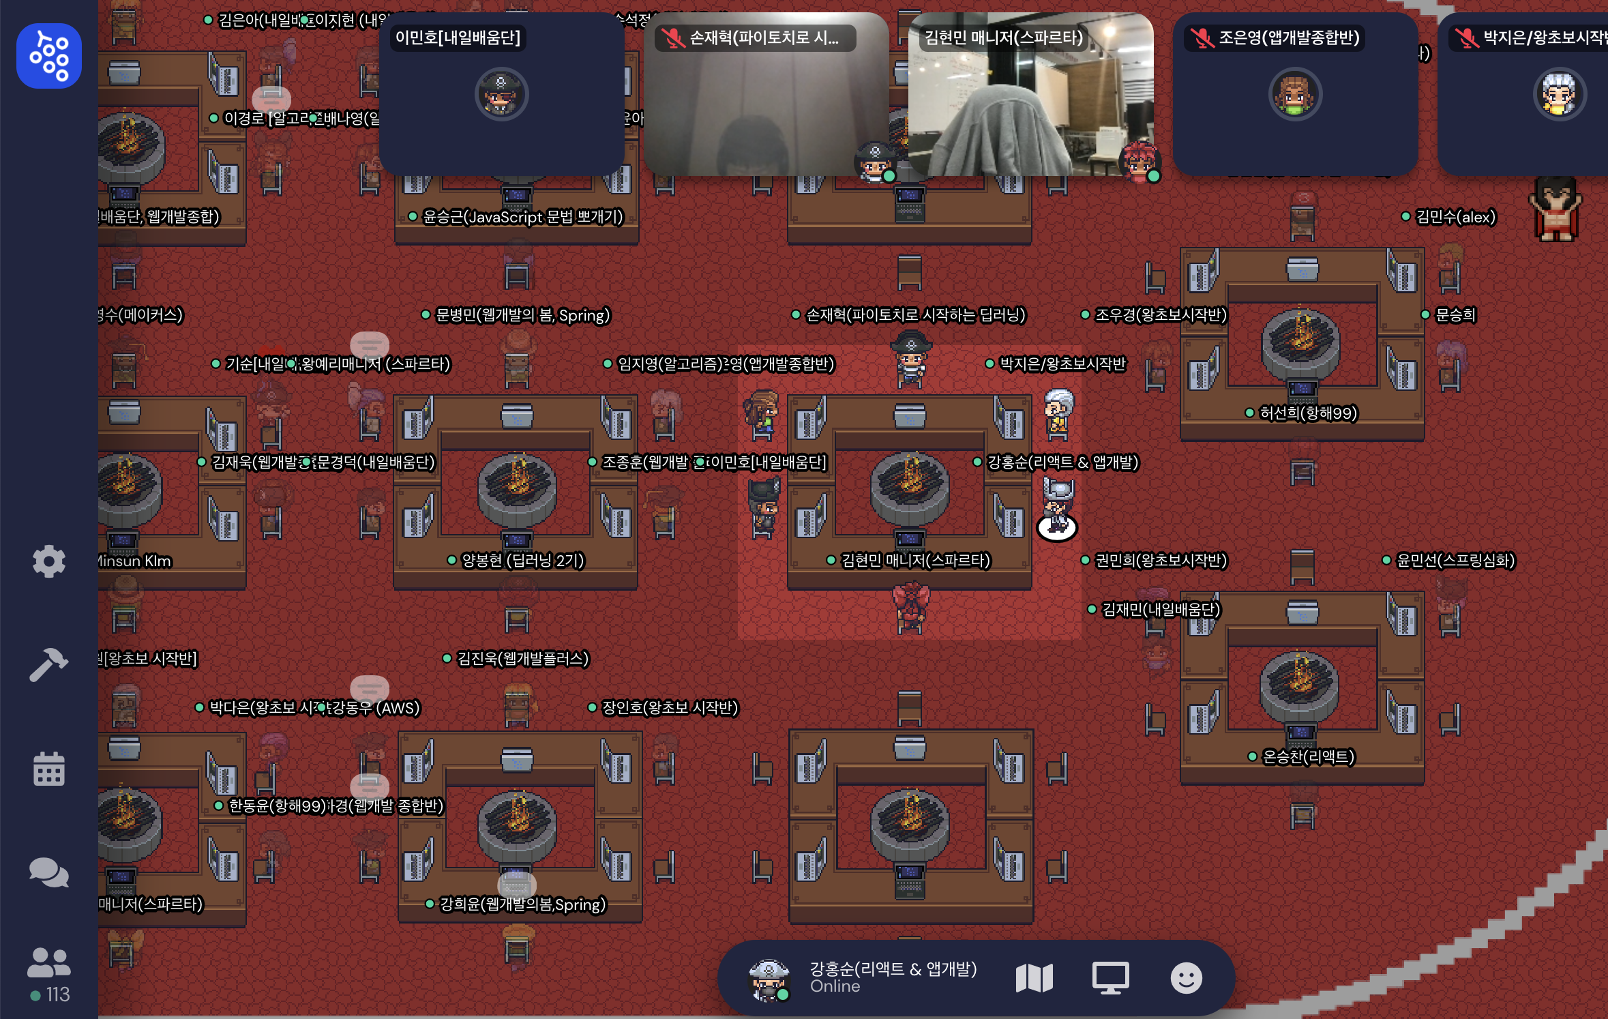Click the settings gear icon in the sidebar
[49, 561]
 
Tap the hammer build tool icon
[48, 664]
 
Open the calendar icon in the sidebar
[49, 769]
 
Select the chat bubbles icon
[49, 872]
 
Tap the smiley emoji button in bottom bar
[1186, 978]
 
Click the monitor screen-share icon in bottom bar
[1110, 978]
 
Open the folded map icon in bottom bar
[1034, 978]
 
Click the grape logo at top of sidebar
[49, 56]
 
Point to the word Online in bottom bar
[835, 986]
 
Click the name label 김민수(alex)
[1455, 217]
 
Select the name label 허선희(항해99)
[1308, 413]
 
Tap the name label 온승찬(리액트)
[1308, 757]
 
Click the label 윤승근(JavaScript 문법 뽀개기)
[522, 217]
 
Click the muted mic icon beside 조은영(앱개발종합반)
[1202, 38]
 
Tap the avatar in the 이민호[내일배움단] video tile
[501, 94]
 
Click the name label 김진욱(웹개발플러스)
[522, 659]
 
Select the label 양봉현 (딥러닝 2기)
[522, 561]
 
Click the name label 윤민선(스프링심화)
[1455, 561]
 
